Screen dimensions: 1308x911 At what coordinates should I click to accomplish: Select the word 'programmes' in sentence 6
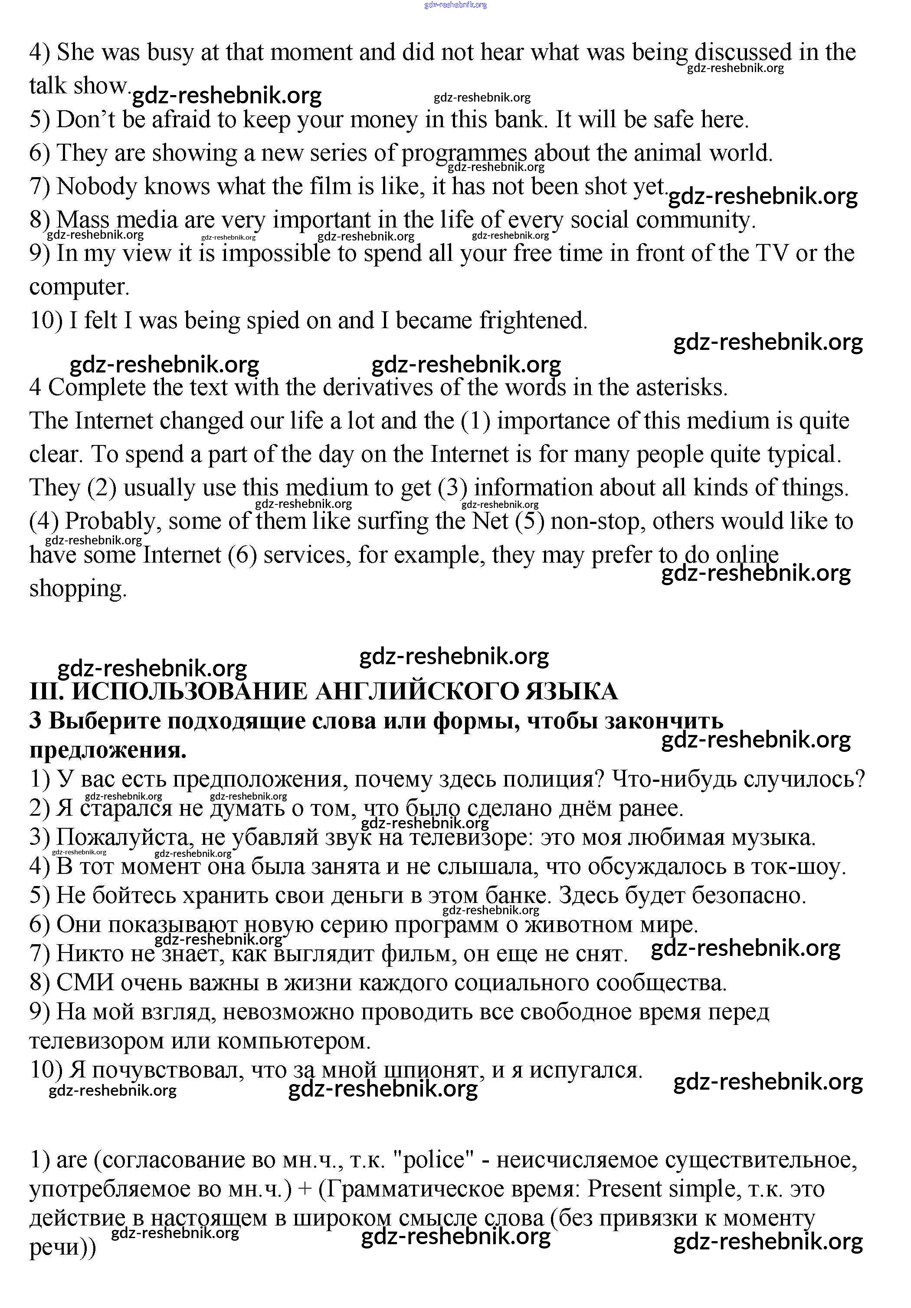(464, 153)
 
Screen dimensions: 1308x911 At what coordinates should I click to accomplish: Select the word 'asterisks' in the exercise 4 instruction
(680, 387)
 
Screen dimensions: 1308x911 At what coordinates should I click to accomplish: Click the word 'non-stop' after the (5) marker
(595, 521)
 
